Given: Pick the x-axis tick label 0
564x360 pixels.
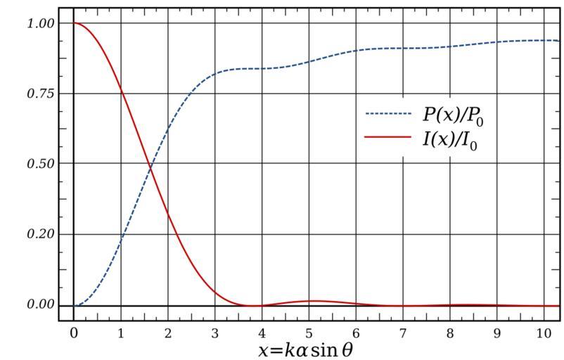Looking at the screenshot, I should click(74, 330).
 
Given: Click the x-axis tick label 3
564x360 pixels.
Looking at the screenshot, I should click(214, 330).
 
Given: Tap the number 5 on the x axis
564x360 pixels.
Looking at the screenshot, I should click(309, 330).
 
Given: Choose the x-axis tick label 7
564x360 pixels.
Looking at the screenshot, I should click(403, 330).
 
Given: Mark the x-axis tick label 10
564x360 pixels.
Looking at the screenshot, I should click(544, 330).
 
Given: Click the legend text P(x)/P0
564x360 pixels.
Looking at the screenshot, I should click(453, 115).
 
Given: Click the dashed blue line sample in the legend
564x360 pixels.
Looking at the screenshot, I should click(387, 114).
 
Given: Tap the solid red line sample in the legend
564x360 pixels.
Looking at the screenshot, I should click(387, 138).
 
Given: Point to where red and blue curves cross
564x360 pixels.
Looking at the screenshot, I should click(150, 166).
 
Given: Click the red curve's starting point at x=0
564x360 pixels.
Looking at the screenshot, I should click(74, 23).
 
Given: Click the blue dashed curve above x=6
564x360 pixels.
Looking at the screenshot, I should click(356, 51).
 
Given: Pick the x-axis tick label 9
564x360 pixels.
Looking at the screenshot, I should click(497, 330).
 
